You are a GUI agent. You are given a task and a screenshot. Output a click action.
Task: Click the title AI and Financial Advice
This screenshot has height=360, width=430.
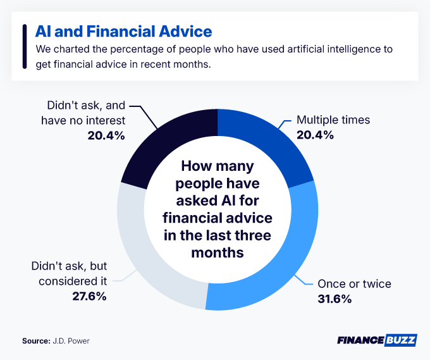click(123, 31)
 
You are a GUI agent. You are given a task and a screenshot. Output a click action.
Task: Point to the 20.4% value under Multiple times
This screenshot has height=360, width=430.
click(314, 135)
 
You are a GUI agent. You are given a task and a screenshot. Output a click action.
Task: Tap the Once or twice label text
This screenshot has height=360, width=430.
click(354, 283)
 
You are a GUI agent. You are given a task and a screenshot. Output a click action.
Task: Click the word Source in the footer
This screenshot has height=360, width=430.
click(35, 340)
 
